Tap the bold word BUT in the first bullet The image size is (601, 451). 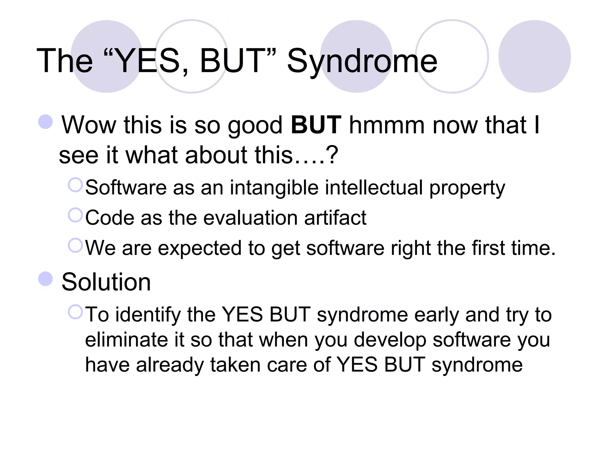(x=316, y=125)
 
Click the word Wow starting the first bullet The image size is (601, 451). (x=89, y=125)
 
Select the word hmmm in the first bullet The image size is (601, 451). (x=387, y=125)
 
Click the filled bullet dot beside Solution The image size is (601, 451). (x=45, y=279)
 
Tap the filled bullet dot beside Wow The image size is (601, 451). (x=45, y=122)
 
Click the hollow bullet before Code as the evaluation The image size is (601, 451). (x=75, y=215)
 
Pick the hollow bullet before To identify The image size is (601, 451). (x=75, y=312)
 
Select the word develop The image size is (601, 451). (x=390, y=340)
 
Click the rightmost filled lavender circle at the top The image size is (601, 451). (x=534, y=56)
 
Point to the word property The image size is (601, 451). (x=467, y=188)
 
